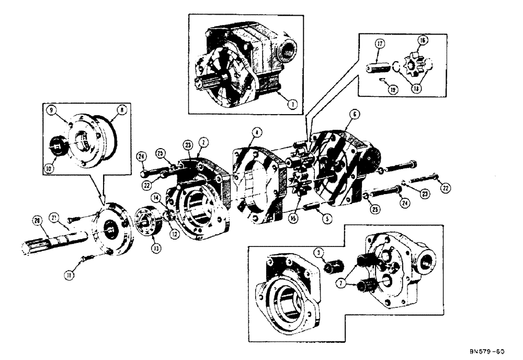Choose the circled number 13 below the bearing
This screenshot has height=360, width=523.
pyautogui.click(x=140, y=249)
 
